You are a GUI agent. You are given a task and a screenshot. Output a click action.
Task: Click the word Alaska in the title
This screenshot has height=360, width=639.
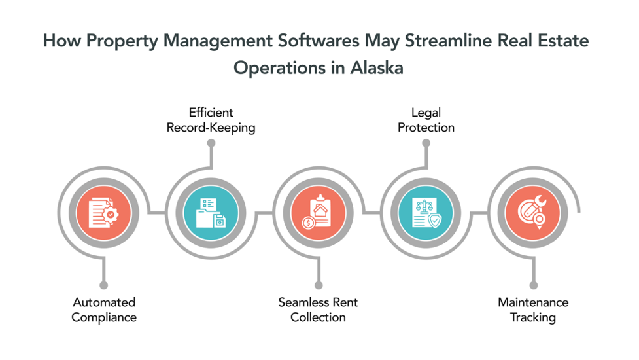pyautogui.click(x=377, y=67)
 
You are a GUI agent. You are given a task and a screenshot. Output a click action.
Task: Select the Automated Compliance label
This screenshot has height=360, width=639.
pyautogui.click(x=104, y=310)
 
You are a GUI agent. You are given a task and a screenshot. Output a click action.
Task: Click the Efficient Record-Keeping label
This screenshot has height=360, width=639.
pyautogui.click(x=211, y=120)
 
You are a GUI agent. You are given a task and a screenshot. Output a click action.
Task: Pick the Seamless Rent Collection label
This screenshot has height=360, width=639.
pyautogui.click(x=319, y=310)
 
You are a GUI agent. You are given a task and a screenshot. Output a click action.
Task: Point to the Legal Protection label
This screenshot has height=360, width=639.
pyautogui.click(x=426, y=120)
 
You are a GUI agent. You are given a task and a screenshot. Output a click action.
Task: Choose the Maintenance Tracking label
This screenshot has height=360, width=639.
pyautogui.click(x=533, y=310)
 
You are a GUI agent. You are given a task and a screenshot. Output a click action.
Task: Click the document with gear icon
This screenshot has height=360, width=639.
pyautogui.click(x=103, y=213)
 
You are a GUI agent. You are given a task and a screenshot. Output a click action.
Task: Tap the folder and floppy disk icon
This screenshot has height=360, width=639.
pyautogui.click(x=211, y=213)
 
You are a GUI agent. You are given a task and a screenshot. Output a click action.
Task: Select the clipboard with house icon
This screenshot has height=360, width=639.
pyautogui.click(x=318, y=212)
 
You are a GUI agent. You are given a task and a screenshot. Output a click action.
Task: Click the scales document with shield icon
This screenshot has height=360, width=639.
pyautogui.click(x=426, y=213)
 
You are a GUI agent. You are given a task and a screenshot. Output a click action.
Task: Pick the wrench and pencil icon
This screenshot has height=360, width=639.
pyautogui.click(x=532, y=212)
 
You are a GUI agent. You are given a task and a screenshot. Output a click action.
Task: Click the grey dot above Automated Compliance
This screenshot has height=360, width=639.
pyautogui.click(x=104, y=285)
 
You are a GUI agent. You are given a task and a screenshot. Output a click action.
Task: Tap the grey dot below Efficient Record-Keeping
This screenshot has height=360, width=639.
pyautogui.click(x=211, y=143)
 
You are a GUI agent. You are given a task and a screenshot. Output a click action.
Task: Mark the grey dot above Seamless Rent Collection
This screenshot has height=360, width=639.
pyautogui.click(x=319, y=285)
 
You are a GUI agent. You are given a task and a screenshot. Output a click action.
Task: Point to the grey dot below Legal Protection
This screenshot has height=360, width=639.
pyautogui.click(x=426, y=143)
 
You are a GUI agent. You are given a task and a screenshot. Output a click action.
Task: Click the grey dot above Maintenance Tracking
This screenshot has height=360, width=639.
pyautogui.click(x=534, y=285)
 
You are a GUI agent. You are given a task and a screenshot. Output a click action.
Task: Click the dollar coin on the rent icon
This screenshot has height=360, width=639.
pyautogui.click(x=309, y=223)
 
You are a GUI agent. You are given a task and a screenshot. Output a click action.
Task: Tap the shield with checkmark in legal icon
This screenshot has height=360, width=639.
pyautogui.click(x=435, y=221)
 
